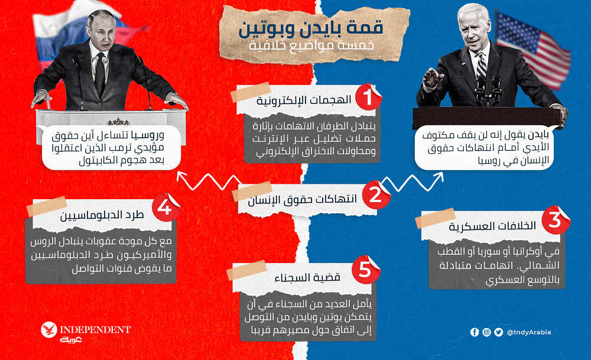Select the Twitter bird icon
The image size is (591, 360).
click(x=498, y=332)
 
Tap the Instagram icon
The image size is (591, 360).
click(x=486, y=332)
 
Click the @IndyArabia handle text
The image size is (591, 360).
click(x=528, y=332)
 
